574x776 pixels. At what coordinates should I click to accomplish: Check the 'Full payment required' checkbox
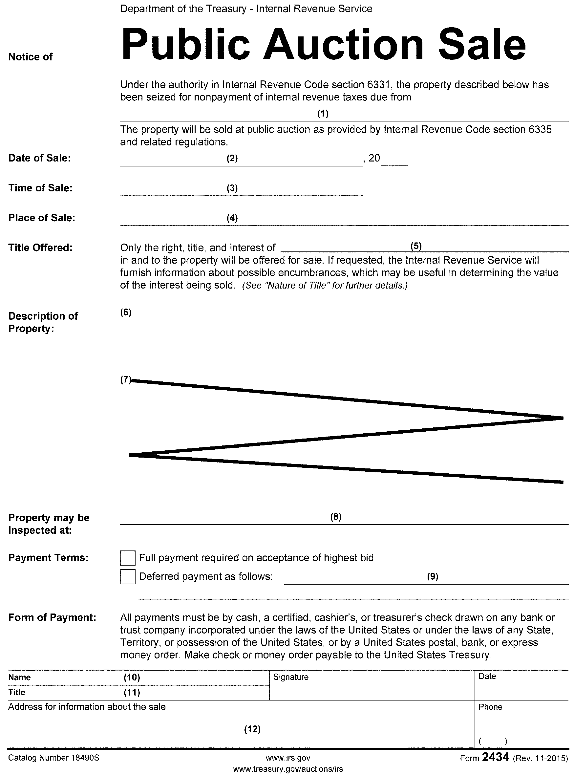(x=128, y=558)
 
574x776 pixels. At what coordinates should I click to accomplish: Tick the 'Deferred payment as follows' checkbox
(x=128, y=576)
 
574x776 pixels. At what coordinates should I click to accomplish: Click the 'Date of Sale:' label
(x=39, y=158)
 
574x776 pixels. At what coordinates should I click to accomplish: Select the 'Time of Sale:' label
(x=40, y=188)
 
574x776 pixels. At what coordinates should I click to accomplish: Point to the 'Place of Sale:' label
(x=42, y=218)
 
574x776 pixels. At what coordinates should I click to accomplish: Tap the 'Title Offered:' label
(x=40, y=248)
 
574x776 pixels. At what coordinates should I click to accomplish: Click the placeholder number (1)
(x=323, y=113)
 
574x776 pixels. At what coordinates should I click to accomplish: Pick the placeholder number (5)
(x=416, y=246)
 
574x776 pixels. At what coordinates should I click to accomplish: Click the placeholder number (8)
(x=336, y=517)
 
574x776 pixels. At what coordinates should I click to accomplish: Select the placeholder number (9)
(x=433, y=576)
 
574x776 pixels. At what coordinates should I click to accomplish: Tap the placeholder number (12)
(x=252, y=729)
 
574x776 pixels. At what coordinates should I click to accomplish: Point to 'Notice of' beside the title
(x=30, y=57)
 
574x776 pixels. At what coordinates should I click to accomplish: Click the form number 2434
(x=496, y=757)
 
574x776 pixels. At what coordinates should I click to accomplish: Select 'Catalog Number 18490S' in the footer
(x=53, y=758)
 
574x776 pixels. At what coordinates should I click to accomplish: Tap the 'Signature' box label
(x=291, y=677)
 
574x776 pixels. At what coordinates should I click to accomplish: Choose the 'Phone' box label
(x=490, y=707)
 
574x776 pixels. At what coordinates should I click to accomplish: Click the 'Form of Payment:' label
(x=52, y=617)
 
